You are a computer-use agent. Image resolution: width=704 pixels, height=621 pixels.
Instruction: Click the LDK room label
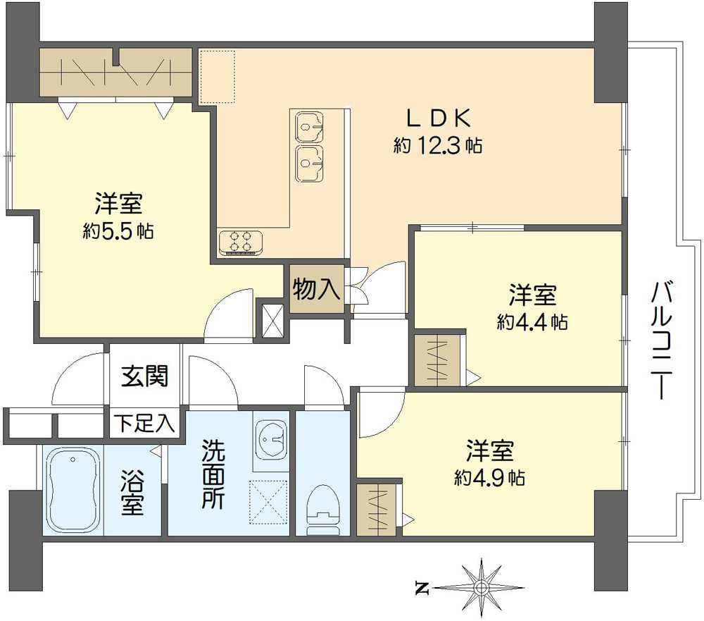coord(439,118)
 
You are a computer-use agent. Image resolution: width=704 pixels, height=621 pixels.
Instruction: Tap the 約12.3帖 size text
coord(438,145)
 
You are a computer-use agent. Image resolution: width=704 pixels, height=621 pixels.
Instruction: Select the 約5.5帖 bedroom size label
coord(118,230)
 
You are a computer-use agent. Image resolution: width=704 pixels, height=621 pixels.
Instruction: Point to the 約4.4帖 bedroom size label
coord(532,321)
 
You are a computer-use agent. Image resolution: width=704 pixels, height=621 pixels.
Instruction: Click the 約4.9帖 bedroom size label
coord(489,477)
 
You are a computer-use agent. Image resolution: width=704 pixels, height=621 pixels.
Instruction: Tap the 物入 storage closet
coord(317,289)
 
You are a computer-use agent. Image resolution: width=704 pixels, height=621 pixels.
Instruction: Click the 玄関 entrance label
coord(144,376)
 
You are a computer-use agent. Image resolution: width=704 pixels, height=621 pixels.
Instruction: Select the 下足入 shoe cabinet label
coord(144,423)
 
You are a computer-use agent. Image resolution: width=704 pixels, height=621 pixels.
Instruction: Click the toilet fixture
coord(323,510)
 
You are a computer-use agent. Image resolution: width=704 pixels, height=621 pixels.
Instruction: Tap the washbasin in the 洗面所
coord(271,438)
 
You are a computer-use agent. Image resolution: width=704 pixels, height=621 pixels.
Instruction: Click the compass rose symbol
coord(481,587)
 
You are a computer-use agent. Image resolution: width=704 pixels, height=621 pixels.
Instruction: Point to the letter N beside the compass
coord(422,588)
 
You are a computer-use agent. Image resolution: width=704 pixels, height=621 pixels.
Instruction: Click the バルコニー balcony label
coord(662,340)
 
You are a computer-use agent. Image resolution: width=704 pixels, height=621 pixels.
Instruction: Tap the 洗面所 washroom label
coord(213,474)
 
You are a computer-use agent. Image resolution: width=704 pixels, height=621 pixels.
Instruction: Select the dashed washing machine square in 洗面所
coord(268,503)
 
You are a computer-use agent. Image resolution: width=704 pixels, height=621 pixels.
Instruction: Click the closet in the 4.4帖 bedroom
coord(437,360)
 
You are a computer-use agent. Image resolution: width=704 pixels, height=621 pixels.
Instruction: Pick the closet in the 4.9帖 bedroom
coord(376,510)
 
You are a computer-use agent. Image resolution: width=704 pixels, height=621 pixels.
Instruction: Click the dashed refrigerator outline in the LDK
coord(218,77)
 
